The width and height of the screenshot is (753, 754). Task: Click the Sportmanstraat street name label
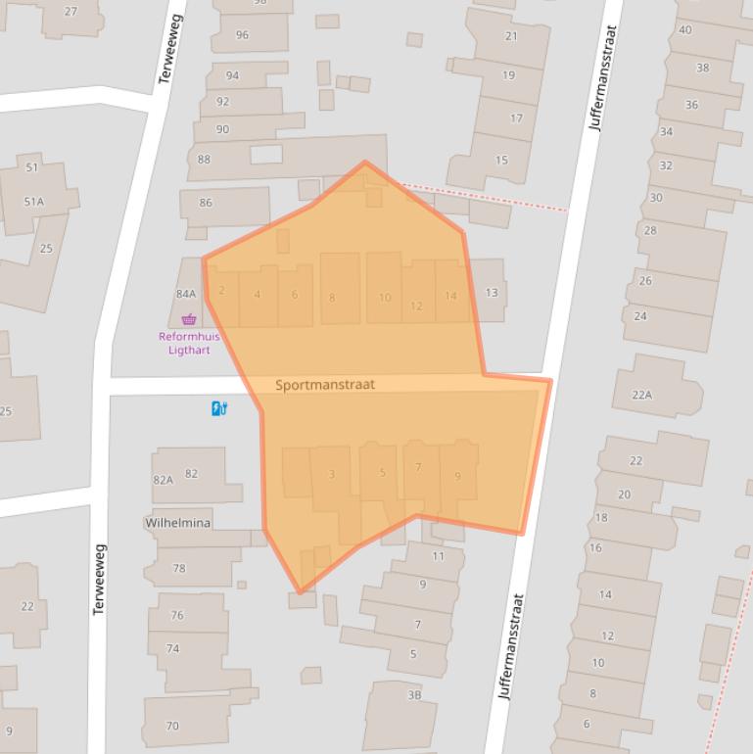pos(325,385)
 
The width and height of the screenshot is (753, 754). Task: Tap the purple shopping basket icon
pos(189,318)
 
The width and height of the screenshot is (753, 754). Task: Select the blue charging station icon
pos(219,408)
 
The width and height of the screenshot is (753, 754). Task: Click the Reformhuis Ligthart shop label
pos(189,343)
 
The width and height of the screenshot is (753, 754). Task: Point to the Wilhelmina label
pos(178,523)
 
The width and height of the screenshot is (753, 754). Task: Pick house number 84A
pos(186,293)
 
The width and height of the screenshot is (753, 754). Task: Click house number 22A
pos(641,395)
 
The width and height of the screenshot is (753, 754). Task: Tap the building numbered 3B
pos(414,695)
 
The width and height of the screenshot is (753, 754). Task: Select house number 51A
pos(34,201)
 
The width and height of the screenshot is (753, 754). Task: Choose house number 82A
pos(163,480)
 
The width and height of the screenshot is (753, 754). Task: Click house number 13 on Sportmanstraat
pos(492,292)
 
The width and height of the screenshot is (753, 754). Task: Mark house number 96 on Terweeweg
pos(242,35)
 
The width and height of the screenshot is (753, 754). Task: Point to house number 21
pos(511,36)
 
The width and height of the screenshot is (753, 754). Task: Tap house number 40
pos(685,29)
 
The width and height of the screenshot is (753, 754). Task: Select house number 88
pos(204,160)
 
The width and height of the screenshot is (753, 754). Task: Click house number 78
pos(179,568)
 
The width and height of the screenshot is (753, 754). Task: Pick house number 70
pos(172,726)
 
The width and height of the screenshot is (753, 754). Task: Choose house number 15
pos(502,161)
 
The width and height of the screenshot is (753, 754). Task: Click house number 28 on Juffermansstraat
pos(650,231)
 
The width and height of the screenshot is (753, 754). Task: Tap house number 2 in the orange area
pos(222,290)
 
